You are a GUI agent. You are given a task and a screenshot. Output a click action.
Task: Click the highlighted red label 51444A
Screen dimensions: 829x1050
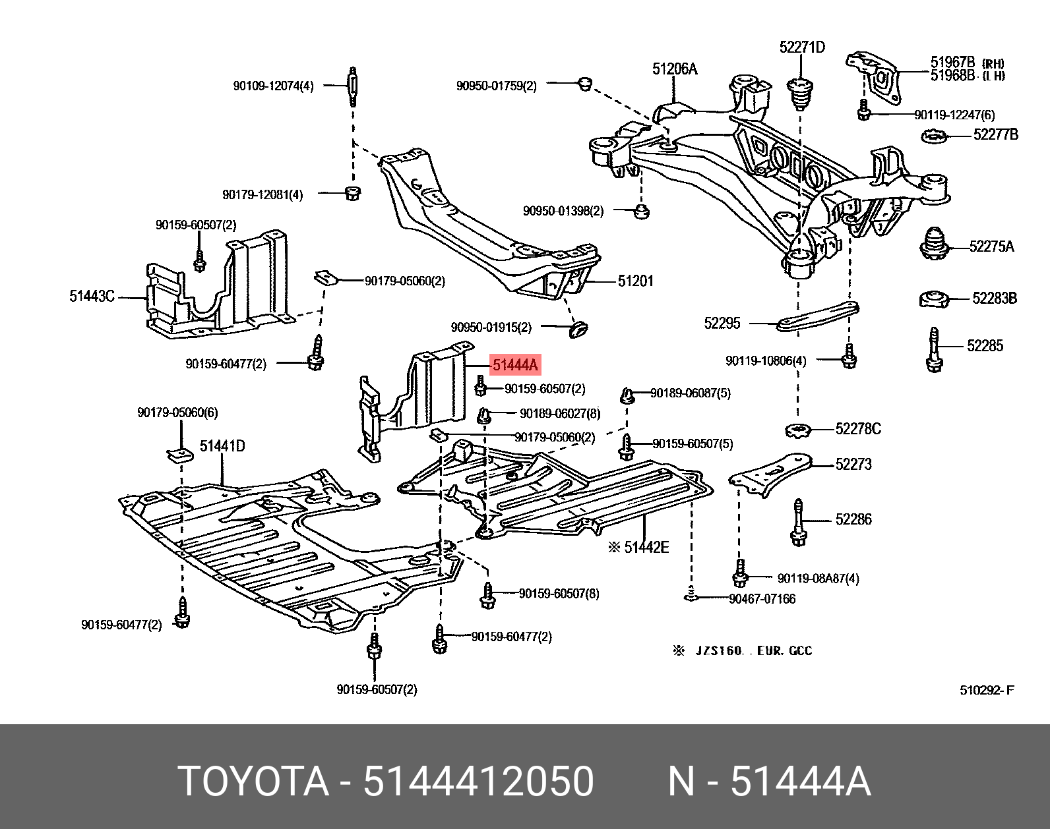pos(515,364)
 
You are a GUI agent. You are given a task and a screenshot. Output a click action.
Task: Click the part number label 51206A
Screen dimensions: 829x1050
pos(674,69)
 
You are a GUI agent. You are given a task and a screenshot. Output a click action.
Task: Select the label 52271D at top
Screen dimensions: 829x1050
pos(801,47)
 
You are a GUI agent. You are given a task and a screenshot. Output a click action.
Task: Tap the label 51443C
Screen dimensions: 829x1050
pos(92,296)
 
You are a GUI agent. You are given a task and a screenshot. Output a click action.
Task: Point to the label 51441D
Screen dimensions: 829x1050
pos(222,446)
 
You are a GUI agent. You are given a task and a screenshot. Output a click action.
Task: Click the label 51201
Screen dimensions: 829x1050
pos(635,281)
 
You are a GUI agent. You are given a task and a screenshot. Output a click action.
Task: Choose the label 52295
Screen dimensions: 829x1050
pos(722,323)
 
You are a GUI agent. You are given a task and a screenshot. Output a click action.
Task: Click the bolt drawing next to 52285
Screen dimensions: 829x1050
pos(934,349)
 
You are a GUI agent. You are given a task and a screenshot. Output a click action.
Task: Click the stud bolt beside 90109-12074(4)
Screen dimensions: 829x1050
pos(353,86)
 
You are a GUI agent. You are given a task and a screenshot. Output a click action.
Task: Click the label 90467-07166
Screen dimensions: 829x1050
pos(762,599)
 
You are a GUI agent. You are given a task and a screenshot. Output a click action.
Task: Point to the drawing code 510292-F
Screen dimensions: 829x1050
pos(987,690)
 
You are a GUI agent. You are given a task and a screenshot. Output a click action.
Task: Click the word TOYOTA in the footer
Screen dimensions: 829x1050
pos(254,782)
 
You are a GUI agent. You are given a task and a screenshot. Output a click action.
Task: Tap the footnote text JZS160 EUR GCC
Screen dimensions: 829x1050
pos(753,650)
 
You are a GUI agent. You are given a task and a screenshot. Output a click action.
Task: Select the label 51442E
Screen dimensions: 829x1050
pos(646,547)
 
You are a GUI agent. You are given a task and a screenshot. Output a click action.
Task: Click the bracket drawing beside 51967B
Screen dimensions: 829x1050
pos(874,74)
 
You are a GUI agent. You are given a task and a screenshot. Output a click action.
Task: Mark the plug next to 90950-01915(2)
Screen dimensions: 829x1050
pos(578,328)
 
